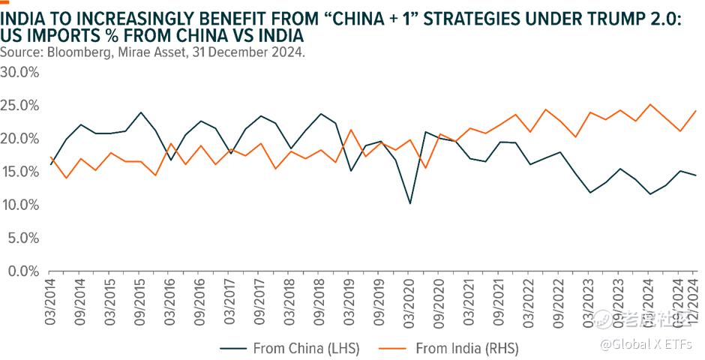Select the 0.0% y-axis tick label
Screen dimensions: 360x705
22,271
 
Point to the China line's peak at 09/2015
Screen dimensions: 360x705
140,112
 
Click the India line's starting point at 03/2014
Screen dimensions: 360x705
50,157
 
